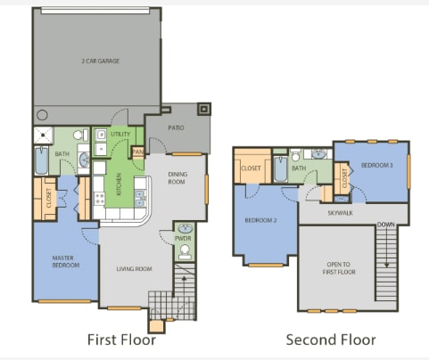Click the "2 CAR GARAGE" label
[x=99, y=61]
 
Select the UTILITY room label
[x=120, y=134]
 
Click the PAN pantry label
[x=137, y=152]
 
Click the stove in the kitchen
[x=101, y=198]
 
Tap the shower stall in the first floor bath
[x=41, y=136]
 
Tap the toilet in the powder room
[x=184, y=254]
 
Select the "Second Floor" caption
[x=330, y=340]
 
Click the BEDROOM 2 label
[x=261, y=219]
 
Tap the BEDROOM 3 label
[x=377, y=166]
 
